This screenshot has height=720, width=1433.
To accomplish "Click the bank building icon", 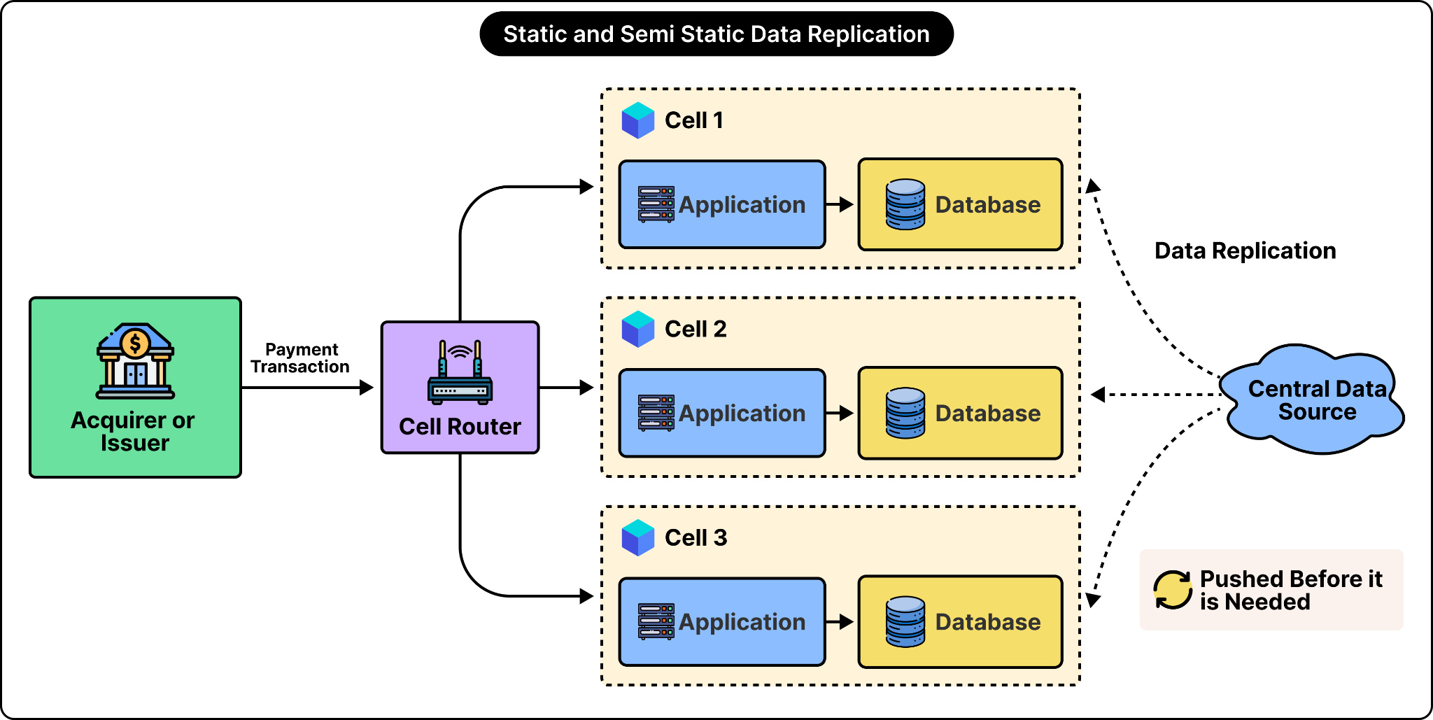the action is (x=135, y=361).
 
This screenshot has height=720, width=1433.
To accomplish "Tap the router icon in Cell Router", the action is (x=460, y=372).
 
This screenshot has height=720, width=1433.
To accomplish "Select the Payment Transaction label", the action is (x=300, y=358).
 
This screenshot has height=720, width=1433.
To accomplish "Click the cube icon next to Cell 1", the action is (x=638, y=120).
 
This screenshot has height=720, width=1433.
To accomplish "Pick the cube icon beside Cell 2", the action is (x=638, y=329).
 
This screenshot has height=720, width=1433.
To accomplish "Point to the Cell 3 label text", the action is (x=696, y=537).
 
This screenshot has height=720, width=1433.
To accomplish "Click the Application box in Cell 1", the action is (x=722, y=204).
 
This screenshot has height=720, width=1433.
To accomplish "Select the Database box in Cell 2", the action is (x=960, y=413).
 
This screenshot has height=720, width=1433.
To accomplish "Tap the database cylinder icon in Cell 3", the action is (x=905, y=621).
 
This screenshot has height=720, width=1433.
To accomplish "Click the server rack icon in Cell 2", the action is (x=656, y=413).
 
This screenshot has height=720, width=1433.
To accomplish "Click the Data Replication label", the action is (x=1245, y=250).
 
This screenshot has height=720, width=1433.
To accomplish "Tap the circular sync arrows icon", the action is (x=1173, y=590).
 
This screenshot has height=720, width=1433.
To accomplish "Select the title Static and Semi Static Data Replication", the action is (x=716, y=34).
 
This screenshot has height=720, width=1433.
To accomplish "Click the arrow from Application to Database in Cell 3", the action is (x=840, y=621).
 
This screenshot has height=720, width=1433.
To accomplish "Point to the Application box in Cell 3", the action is (x=722, y=621).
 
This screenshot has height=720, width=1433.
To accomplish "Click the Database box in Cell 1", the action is (x=960, y=204).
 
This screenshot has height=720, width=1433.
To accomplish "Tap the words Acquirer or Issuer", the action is (x=133, y=431).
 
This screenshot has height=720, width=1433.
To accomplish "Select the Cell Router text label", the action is (x=460, y=426).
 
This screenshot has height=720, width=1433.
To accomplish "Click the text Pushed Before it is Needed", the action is (x=1291, y=590).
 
